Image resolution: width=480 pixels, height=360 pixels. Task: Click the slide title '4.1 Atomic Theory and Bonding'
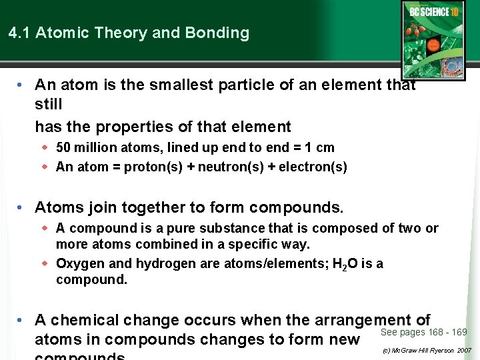click(129, 33)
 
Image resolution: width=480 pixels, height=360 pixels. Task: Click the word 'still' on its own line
click(48, 105)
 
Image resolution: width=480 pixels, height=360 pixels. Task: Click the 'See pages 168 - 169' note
click(423, 332)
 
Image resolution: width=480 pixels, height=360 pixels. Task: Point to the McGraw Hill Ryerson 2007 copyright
click(427, 350)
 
